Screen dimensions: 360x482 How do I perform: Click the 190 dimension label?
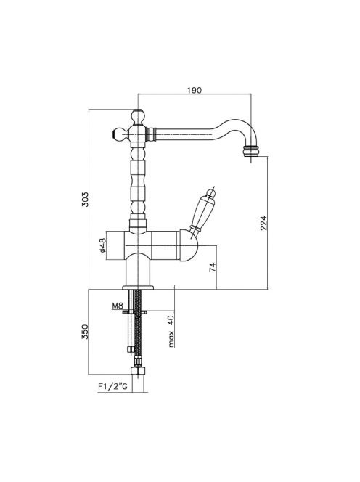pyautogui.click(x=195, y=90)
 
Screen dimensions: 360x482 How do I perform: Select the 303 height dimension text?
pyautogui.click(x=85, y=199)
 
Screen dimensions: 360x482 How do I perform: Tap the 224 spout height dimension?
pyautogui.click(x=263, y=223)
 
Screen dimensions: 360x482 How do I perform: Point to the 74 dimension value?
pyautogui.click(x=213, y=267)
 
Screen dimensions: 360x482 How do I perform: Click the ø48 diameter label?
pyautogui.click(x=102, y=245)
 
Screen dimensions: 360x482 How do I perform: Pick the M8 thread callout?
pyautogui.click(x=118, y=306)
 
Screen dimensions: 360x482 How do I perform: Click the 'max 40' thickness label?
pyautogui.click(x=171, y=331)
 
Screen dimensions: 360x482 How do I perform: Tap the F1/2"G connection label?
pyautogui.click(x=112, y=386)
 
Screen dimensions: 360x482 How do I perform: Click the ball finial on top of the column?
pyautogui.click(x=138, y=116)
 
